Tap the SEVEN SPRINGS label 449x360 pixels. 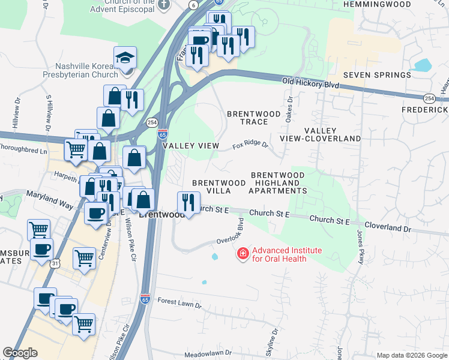pos(377,75)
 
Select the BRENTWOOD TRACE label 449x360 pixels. pos(253,118)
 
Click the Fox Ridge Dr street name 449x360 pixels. pos(249,145)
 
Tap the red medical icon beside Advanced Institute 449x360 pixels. pos(243,254)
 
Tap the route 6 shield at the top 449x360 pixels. pos(193,5)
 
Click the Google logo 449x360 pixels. pos(20,353)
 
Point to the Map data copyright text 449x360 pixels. pos(412,355)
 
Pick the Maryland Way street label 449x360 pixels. pos(49,200)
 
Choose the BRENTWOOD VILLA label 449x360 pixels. pos(218,187)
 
